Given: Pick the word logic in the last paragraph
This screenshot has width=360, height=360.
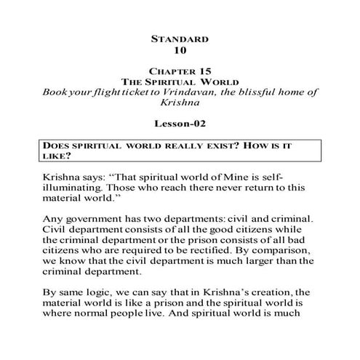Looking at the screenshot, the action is pos(102,291).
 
